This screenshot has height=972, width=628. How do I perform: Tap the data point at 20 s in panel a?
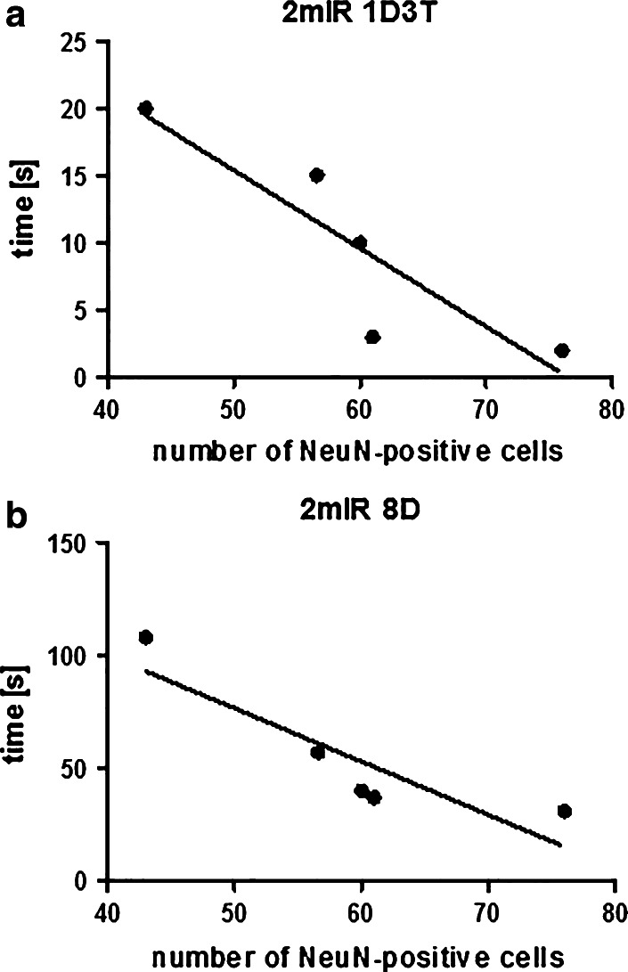146,109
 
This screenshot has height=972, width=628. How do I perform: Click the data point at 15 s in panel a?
316,176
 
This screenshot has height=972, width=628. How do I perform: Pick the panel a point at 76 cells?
561,350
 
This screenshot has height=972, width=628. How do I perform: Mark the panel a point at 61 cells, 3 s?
372,337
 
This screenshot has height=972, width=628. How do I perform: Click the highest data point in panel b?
146,637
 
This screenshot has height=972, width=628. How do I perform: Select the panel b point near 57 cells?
317,752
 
